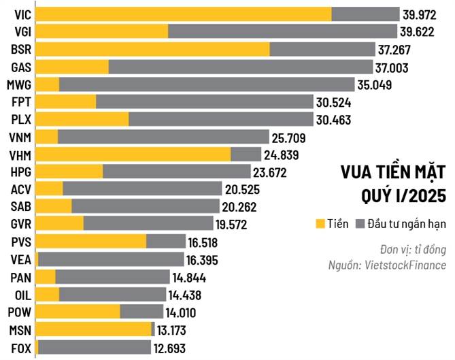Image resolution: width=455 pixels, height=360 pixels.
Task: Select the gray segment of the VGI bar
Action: point(282,31)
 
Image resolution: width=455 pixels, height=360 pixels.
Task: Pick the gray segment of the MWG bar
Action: point(207,84)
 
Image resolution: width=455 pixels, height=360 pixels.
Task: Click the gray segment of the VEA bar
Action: point(111,259)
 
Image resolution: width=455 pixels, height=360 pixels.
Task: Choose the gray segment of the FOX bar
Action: point(95,347)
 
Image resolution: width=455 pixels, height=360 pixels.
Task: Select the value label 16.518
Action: point(207,242)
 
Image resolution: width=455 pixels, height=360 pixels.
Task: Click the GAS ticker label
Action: point(20,67)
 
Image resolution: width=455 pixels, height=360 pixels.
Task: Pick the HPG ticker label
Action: point(20,171)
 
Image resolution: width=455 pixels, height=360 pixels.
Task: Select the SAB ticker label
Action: point(20,206)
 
